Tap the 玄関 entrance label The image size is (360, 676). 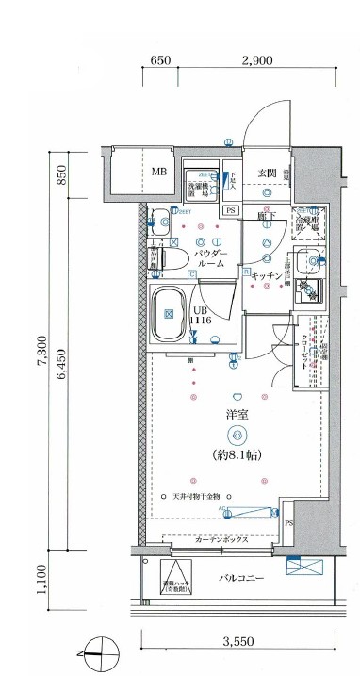tap(267, 173)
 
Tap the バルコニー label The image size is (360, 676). tap(242, 576)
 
